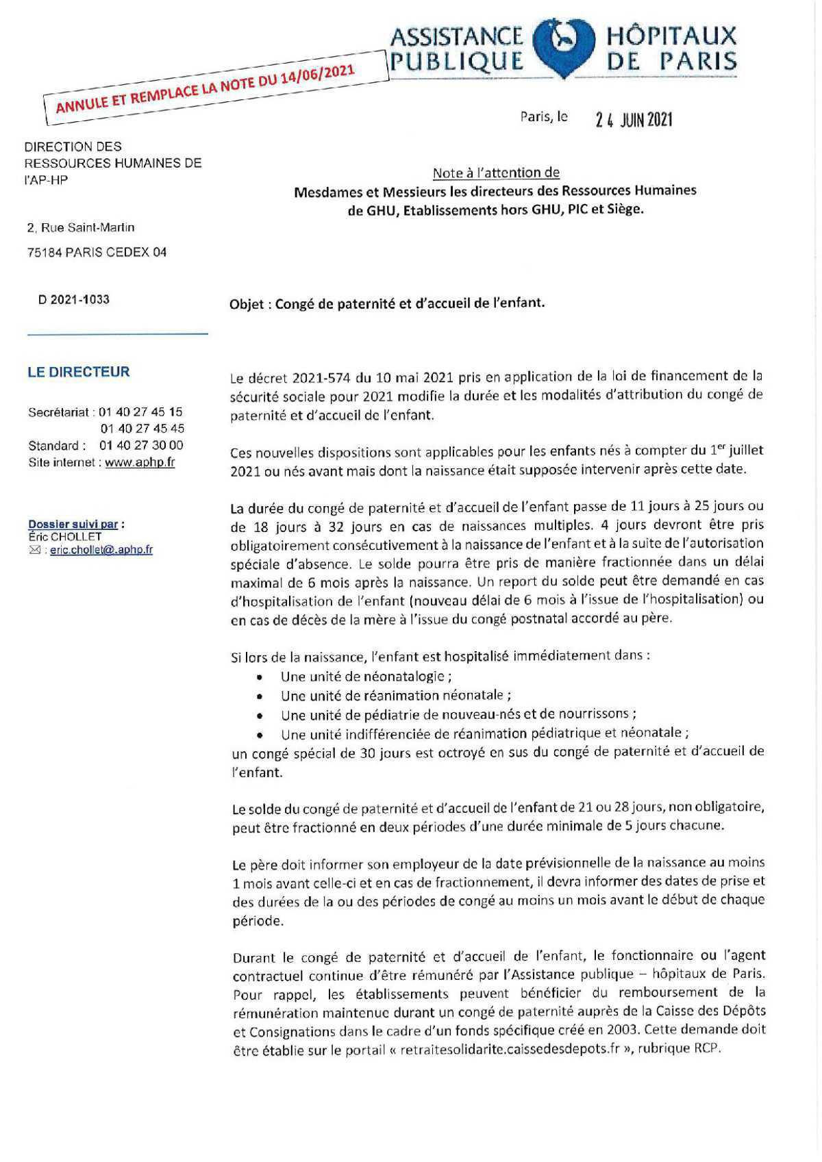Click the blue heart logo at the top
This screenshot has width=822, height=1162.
click(562, 47)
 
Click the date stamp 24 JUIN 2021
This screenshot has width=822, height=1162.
click(634, 121)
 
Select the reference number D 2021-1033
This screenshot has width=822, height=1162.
click(74, 299)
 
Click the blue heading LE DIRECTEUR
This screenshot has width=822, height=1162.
click(79, 372)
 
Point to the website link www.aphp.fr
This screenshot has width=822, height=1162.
click(140, 462)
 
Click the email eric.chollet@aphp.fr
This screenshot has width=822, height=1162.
click(101, 550)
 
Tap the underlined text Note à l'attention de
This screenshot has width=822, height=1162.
click(496, 173)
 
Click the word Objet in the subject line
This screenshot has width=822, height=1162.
click(247, 303)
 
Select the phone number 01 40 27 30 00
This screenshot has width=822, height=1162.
click(141, 446)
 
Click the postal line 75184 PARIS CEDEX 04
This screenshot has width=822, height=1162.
click(97, 252)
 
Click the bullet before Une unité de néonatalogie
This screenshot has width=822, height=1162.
click(260, 677)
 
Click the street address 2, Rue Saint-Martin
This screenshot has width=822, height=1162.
click(81, 227)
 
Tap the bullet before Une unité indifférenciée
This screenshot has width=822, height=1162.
click(260, 734)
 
